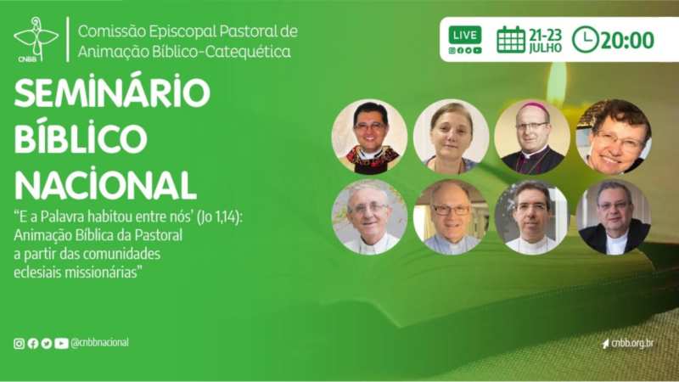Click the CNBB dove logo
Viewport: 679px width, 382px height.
coord(36,39)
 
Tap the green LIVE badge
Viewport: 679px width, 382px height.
coord(465,35)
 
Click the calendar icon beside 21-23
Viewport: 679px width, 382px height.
coord(511,39)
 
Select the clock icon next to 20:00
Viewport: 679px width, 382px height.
coord(585,39)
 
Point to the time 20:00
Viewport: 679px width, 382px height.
coord(627,40)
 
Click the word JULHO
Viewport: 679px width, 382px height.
coord(545,48)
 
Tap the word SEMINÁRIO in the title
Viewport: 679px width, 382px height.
coord(112,93)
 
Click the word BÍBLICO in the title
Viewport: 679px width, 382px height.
coord(81,138)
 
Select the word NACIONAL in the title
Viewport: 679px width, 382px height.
coord(105,184)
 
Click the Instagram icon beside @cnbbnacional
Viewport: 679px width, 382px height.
coord(19,344)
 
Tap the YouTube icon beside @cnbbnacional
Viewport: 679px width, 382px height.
coord(61,344)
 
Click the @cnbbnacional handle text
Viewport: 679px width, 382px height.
coord(99,343)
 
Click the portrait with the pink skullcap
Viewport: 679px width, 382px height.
coord(532,137)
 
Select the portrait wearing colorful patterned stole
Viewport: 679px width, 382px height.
coord(369,137)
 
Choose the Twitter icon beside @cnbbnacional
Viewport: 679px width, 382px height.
coord(47,344)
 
